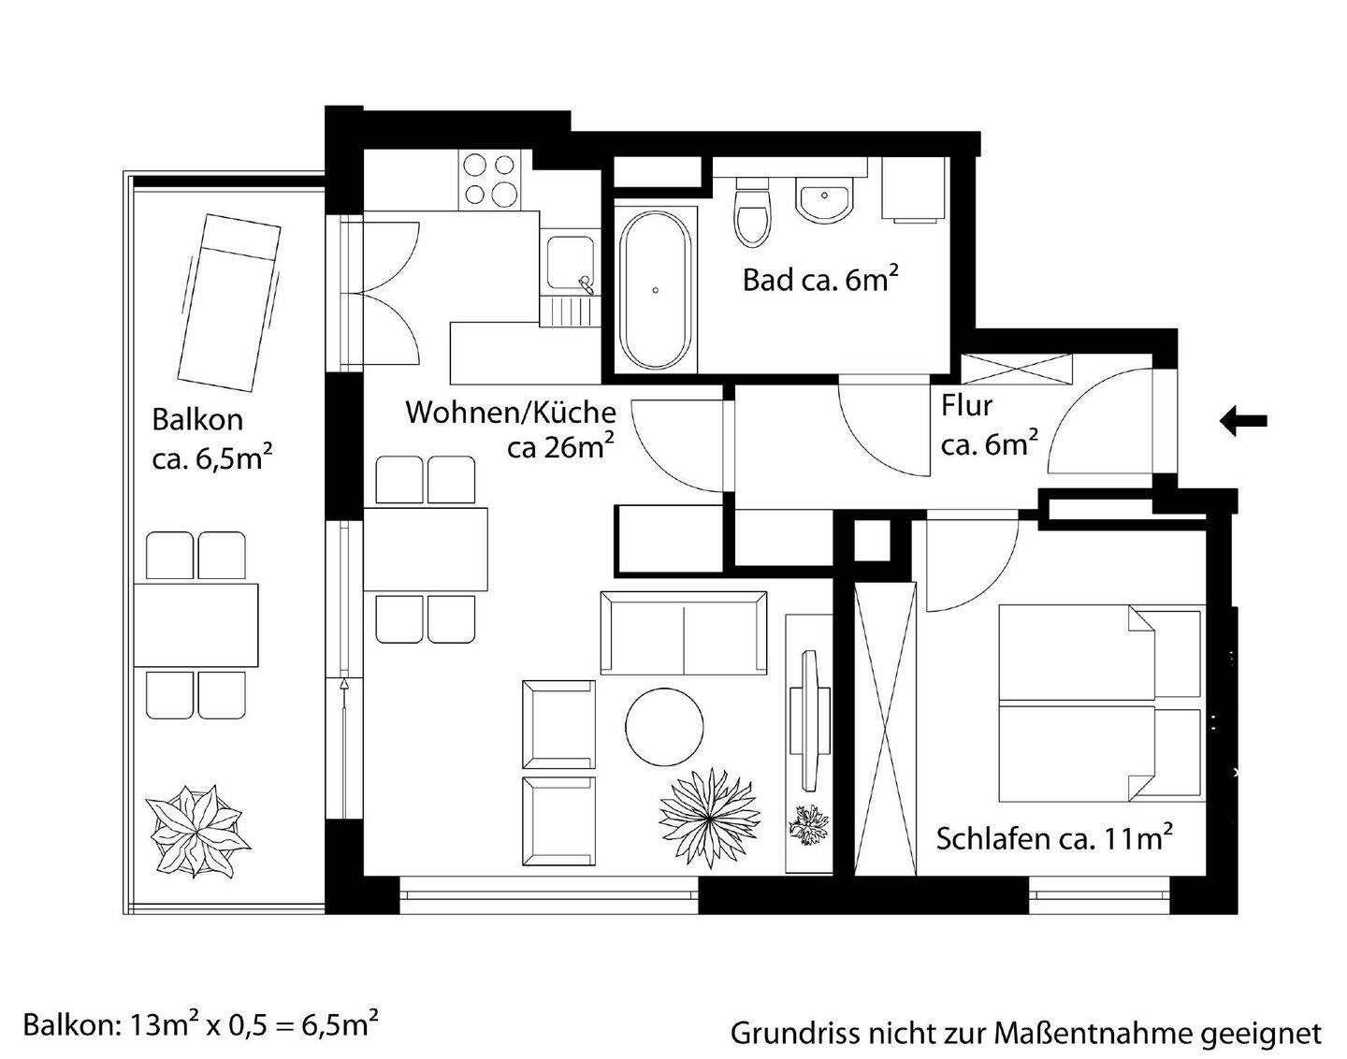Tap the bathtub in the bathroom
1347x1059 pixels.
pyautogui.click(x=656, y=289)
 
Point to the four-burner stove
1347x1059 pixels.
pyautogui.click(x=489, y=181)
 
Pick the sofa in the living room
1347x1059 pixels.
pyautogui.click(x=683, y=632)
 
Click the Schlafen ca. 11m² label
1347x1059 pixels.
pyautogui.click(x=1054, y=838)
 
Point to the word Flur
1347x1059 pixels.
pyautogui.click(x=966, y=407)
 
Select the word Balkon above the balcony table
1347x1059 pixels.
pyautogui.click(x=197, y=420)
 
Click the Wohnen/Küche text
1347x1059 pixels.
pyautogui.click(x=510, y=412)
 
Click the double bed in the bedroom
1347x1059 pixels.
pyautogui.click(x=1100, y=702)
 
